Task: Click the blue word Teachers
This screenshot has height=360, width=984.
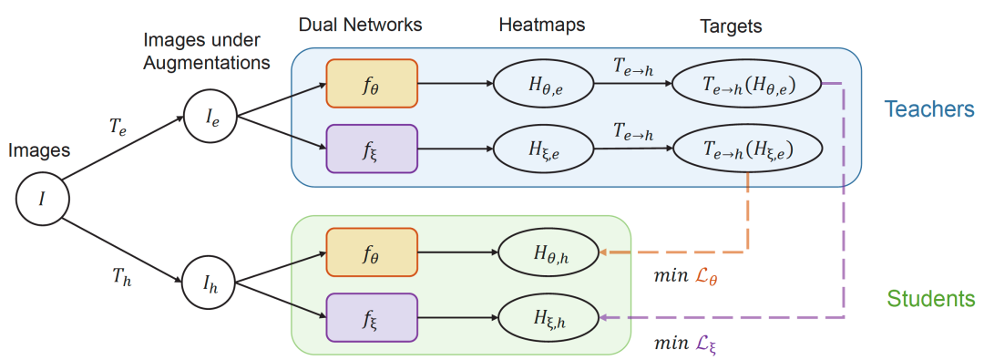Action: (928, 109)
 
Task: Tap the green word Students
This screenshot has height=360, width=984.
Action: (930, 298)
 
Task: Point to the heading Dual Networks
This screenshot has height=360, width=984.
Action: (360, 26)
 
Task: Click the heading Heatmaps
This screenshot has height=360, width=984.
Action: (542, 26)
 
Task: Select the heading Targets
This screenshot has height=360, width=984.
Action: (731, 26)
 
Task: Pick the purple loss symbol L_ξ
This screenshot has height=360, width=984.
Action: (702, 345)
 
